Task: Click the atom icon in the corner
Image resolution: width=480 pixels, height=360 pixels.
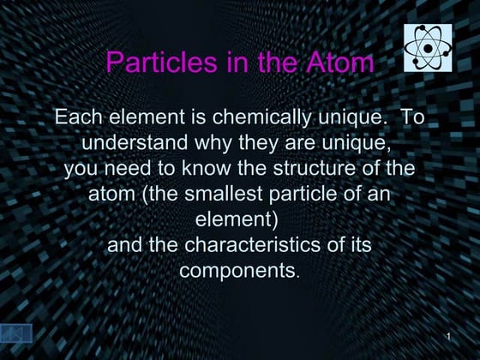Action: point(428,47)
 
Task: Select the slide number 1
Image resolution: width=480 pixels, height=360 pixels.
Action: point(449,333)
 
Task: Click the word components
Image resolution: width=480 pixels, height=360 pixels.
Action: point(237,271)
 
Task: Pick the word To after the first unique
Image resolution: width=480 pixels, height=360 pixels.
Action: point(413,117)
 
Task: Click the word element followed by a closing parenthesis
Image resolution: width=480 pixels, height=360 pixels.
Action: point(237,219)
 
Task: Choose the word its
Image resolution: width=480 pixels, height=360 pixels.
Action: point(357,245)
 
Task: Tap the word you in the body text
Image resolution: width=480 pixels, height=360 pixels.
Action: point(82,168)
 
